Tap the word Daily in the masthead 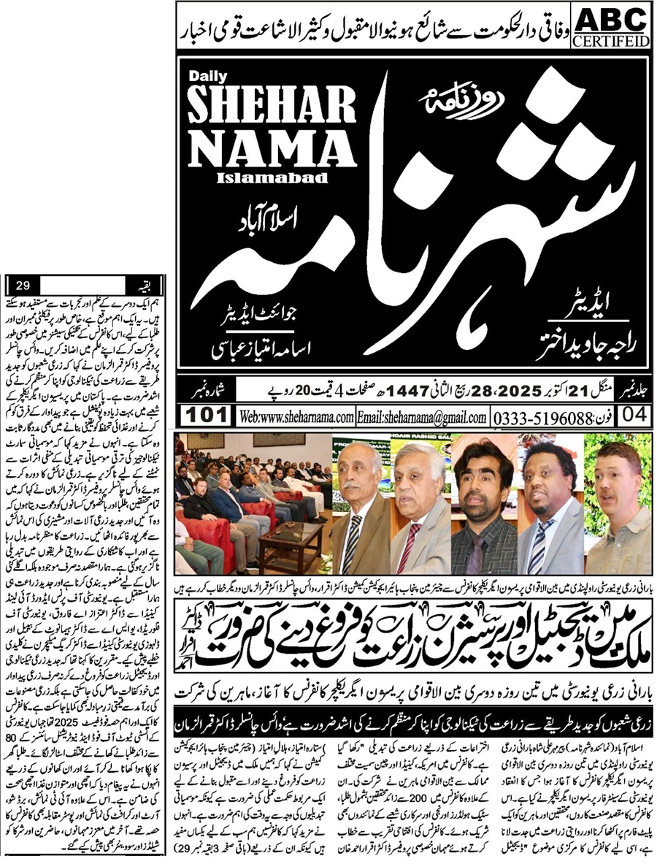point(204,77)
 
